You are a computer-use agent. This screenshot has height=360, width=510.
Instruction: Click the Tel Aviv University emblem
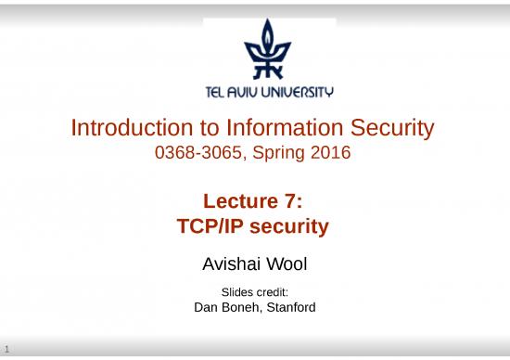(x=268, y=51)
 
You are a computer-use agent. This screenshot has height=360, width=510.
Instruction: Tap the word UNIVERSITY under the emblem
(x=299, y=92)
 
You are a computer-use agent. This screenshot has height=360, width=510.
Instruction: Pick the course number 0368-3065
(x=200, y=152)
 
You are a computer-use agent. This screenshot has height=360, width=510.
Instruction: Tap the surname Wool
(x=288, y=265)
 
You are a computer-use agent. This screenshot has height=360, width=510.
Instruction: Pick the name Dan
(x=206, y=307)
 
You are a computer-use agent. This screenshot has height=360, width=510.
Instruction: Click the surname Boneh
(x=242, y=307)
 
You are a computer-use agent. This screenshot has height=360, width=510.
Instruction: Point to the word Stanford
(x=291, y=307)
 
